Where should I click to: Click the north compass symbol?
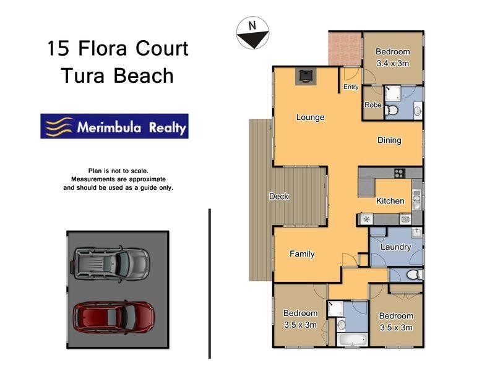(252, 33)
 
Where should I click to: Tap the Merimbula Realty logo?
(114, 126)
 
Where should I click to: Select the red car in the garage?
(113, 317)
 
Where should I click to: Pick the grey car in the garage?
(111, 263)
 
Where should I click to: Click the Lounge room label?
(310, 117)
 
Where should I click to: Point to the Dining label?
(389, 140)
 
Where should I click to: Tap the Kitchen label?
(390, 201)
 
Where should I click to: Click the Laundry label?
(395, 247)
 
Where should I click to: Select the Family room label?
(302, 254)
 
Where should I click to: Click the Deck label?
(279, 197)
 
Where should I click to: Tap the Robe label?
(372, 105)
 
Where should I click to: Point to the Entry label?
(351, 87)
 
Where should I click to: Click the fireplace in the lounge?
(305, 75)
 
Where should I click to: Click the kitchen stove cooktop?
(399, 173)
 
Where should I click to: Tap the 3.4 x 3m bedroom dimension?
(393, 63)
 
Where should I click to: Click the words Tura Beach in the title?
(117, 76)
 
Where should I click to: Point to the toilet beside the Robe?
(391, 111)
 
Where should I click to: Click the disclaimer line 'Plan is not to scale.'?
(118, 170)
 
